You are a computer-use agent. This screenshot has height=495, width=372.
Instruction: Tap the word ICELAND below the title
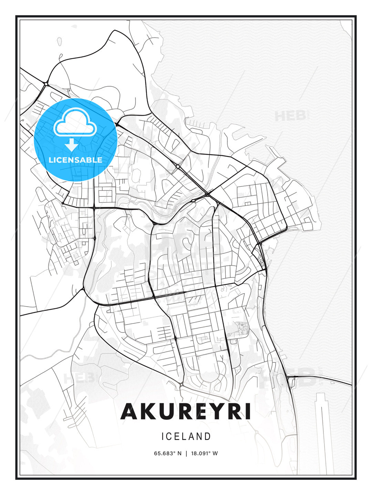click(x=186, y=437)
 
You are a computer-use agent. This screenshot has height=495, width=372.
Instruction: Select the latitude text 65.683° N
click(x=167, y=453)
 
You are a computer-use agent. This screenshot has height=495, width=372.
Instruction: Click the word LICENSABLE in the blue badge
click(x=75, y=160)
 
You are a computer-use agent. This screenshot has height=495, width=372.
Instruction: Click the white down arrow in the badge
click(x=72, y=145)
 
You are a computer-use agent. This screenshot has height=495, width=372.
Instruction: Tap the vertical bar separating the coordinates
click(x=186, y=453)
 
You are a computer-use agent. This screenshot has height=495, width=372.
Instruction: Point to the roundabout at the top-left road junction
click(x=46, y=84)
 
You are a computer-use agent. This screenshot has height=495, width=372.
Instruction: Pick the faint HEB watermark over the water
click(x=291, y=116)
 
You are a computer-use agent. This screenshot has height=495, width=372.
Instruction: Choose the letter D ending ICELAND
click(x=207, y=437)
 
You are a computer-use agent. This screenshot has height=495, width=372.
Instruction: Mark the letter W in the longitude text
click(x=215, y=453)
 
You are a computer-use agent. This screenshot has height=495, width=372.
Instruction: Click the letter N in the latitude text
click(x=179, y=453)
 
